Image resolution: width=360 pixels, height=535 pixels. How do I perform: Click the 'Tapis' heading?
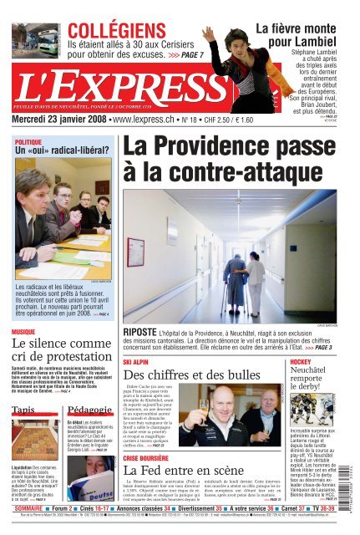tap(24, 409)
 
